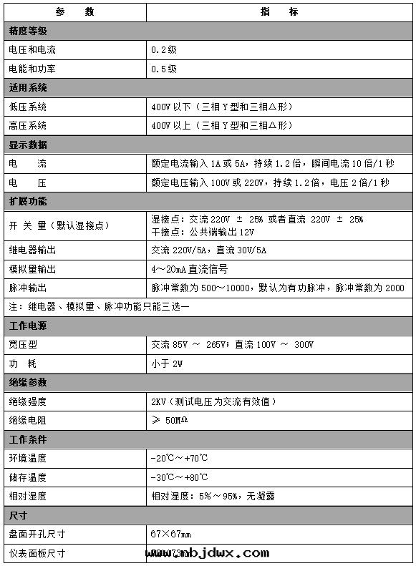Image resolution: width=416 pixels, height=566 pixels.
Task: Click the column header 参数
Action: point(74,12)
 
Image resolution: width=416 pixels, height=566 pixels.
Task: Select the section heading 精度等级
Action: point(28,31)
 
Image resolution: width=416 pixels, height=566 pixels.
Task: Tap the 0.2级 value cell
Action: point(164,51)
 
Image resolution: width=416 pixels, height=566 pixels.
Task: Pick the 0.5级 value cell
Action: point(164,69)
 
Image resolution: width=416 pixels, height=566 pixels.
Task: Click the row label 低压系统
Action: point(28,107)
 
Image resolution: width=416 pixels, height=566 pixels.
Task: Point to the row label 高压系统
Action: point(28,125)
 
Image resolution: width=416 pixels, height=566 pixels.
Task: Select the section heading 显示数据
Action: point(28,145)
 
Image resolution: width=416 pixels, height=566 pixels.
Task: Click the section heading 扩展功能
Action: point(28,201)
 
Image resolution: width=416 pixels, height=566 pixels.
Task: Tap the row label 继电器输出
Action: point(32,250)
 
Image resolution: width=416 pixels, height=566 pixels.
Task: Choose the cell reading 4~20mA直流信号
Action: point(190,269)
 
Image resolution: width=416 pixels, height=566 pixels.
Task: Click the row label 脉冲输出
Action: point(28,288)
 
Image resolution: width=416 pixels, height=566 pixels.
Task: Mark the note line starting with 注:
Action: point(99,306)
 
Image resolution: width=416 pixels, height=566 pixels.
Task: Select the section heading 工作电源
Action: point(28,326)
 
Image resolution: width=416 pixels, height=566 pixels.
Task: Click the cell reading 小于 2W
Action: point(168,363)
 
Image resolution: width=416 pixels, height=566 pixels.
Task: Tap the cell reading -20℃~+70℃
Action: point(180,458)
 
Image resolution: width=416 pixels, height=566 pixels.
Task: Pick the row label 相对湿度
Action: point(28,495)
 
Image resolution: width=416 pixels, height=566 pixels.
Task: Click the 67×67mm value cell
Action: point(171,534)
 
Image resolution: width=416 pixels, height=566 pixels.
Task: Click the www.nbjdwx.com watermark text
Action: point(208,552)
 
